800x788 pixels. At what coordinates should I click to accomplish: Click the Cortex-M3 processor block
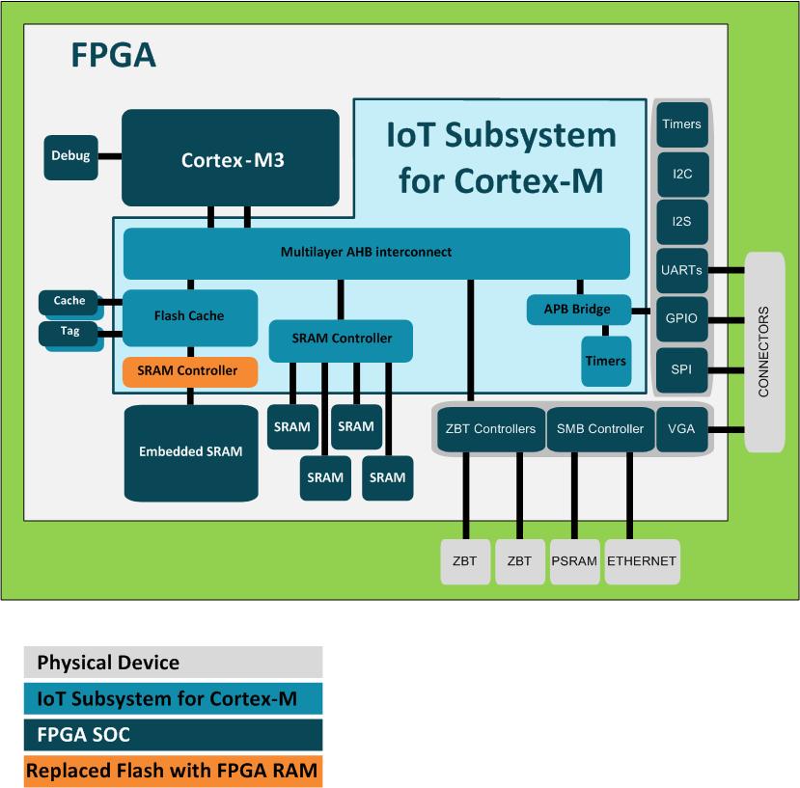pos(231,158)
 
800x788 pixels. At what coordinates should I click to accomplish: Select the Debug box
pos(70,156)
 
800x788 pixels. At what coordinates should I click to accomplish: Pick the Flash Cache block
pos(189,316)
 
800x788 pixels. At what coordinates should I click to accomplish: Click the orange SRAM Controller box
pos(189,371)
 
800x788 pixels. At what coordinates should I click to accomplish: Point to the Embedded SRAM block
pos(191,451)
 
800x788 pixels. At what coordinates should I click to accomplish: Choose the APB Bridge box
pos(578,310)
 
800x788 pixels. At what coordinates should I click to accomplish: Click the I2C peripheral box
pos(681,175)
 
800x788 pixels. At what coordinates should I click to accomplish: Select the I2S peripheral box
pos(681,222)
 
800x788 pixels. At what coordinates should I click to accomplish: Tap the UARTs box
pos(681,269)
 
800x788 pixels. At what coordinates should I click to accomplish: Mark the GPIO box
pos(681,316)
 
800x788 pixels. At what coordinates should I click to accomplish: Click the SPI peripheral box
pos(681,368)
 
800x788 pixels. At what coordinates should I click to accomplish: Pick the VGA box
pos(682,429)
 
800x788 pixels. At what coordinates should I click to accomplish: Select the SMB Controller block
pos(600,429)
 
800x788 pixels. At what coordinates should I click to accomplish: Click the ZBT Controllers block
pos(490,429)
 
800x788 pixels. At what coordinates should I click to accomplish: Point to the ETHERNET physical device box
pos(642,561)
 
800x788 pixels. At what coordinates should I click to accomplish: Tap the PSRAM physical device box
pos(575,561)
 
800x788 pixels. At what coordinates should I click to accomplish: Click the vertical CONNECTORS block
pos(764,352)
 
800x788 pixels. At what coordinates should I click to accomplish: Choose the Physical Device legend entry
pos(173,663)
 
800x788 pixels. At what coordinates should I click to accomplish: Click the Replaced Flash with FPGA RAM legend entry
pos(173,772)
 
